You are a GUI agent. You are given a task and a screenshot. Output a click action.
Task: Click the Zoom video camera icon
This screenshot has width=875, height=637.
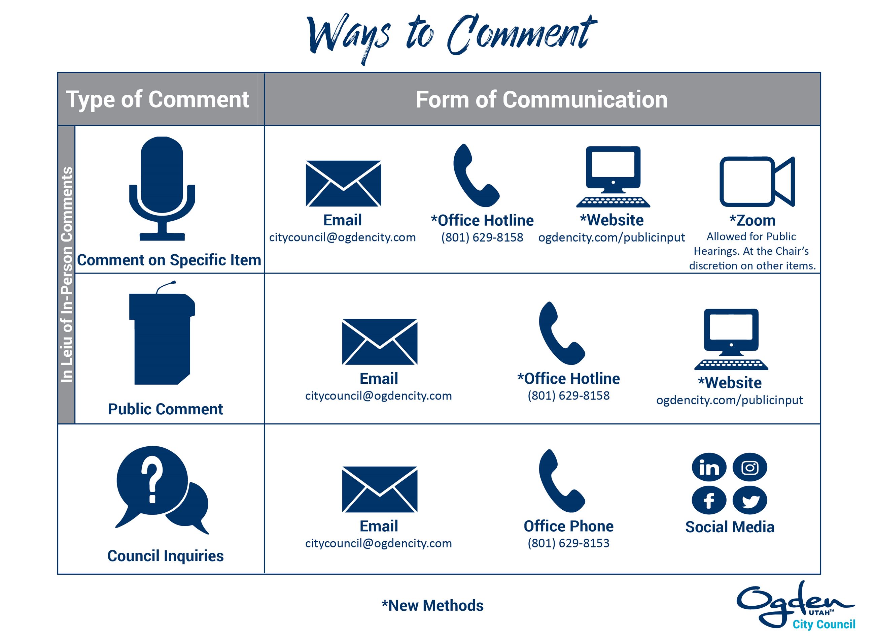pos(757,182)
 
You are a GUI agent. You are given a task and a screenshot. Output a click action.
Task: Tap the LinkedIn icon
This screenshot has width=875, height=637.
pos(709,468)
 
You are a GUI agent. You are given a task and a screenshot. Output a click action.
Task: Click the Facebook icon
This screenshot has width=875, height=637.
pos(709,500)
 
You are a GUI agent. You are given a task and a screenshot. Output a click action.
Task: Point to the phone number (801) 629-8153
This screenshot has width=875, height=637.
pos(568,543)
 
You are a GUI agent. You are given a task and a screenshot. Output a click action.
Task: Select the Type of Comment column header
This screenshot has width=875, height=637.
pos(157,99)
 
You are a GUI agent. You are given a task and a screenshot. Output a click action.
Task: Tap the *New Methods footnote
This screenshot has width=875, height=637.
pos(432,605)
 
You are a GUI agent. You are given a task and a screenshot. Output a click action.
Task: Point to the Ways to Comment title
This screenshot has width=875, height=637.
pos(451,37)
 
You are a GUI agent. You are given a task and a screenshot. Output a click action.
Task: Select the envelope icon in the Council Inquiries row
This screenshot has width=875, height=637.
pos(379,489)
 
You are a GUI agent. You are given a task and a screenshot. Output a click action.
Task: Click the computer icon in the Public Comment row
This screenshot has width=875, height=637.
pos(731,339)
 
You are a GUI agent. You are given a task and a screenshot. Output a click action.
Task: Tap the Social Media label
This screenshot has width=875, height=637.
pos(730,527)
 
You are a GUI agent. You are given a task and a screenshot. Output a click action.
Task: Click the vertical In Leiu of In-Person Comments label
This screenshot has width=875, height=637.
pos(66,275)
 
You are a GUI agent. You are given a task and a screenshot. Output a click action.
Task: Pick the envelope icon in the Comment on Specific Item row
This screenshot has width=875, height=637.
pos(343,183)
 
